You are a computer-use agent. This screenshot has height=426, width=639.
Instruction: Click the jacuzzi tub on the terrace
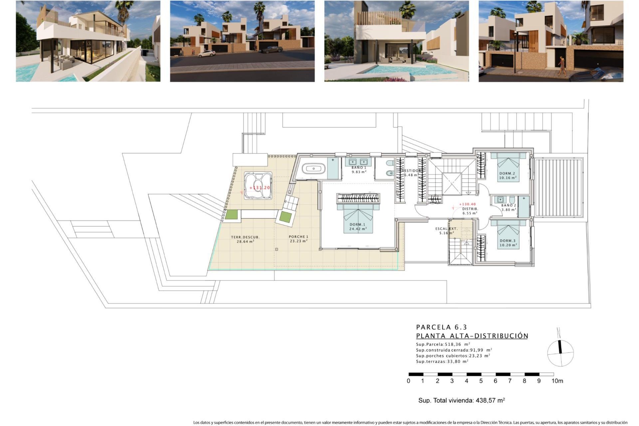tap(258, 186)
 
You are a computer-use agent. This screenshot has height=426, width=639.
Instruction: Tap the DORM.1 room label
tap(357, 225)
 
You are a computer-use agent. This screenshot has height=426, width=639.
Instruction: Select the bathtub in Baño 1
tap(314, 169)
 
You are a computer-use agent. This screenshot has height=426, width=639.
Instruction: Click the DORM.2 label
tap(507, 173)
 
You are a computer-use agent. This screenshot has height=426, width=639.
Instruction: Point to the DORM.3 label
tap(508, 241)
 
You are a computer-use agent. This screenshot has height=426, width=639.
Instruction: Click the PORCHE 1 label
tap(299, 237)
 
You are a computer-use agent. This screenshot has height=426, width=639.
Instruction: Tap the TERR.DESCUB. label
tap(245, 237)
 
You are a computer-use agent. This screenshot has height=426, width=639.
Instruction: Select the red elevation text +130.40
tap(467, 204)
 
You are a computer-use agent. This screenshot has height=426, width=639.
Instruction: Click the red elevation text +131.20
tap(260, 188)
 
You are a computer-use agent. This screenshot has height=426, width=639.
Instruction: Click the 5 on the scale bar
tap(481, 381)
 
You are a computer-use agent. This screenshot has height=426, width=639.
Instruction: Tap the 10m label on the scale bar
tap(557, 381)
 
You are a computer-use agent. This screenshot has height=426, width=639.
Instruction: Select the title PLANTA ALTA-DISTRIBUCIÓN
tap(472, 336)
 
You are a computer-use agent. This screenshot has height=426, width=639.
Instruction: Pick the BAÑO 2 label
tap(509, 206)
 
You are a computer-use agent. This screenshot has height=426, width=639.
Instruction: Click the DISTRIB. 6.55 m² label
tap(470, 211)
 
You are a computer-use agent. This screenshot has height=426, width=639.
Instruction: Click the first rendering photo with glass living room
tap(88, 41)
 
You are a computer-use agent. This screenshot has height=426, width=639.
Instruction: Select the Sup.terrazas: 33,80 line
tap(442, 361)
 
